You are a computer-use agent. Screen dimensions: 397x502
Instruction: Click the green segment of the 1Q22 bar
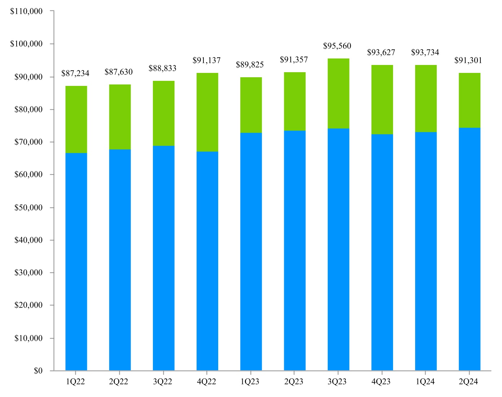(76, 119)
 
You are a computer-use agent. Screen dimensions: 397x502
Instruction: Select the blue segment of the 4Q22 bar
(207, 261)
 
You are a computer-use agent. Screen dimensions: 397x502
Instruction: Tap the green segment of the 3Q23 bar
(338, 93)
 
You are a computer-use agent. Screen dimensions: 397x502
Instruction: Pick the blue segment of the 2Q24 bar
(469, 249)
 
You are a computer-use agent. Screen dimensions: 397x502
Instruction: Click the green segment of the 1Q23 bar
(251, 105)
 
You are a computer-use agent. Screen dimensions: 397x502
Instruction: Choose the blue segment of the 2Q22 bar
(120, 260)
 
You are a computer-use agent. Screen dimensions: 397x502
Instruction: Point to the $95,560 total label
(337, 46)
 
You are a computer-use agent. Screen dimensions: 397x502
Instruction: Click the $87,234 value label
(75, 74)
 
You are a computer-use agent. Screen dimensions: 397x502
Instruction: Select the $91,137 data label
(206, 61)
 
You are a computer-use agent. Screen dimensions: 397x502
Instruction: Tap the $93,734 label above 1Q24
(425, 53)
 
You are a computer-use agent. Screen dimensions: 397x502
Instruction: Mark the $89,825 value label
(250, 65)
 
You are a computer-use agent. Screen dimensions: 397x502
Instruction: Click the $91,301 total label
(468, 61)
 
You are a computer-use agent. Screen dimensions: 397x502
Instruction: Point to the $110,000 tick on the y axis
(26, 11)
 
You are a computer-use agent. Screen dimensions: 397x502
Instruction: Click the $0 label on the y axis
(38, 371)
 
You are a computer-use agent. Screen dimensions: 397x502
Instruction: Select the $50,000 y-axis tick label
(28, 208)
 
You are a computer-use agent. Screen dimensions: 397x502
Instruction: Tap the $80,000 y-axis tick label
(28, 110)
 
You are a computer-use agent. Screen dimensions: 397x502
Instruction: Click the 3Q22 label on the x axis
(162, 382)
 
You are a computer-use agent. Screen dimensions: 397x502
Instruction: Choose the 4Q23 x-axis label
(381, 382)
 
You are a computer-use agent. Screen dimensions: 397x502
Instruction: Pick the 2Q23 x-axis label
(294, 382)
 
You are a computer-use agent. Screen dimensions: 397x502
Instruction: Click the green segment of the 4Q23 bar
(382, 100)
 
